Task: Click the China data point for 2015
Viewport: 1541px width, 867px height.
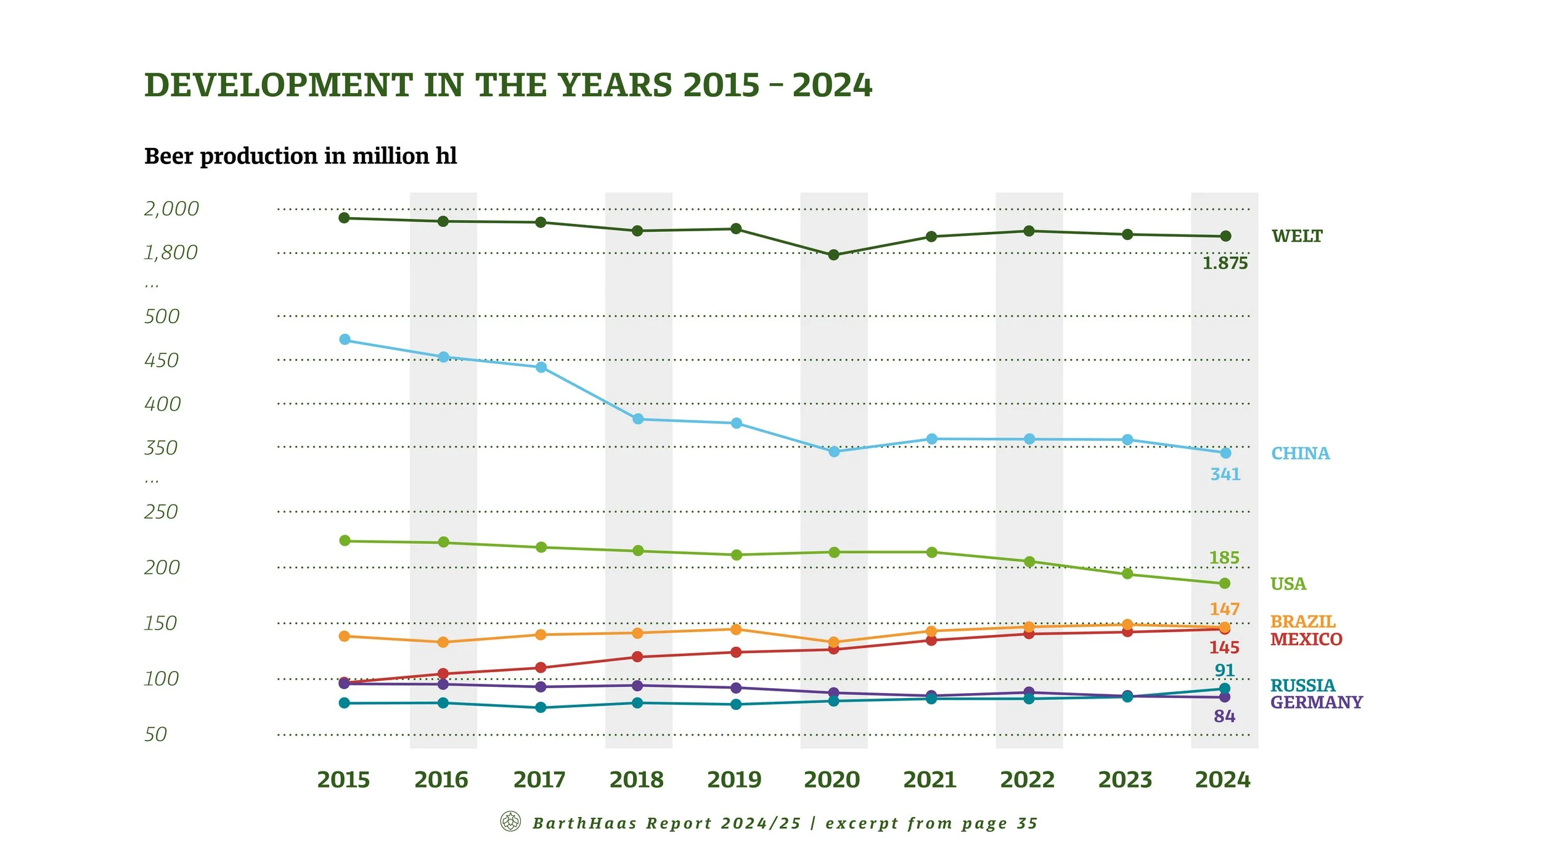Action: [345, 340]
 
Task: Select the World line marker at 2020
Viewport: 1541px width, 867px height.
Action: [833, 255]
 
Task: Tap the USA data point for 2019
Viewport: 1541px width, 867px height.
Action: [736, 555]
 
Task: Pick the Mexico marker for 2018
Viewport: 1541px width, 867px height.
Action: [638, 657]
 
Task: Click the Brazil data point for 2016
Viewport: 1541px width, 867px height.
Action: [443, 642]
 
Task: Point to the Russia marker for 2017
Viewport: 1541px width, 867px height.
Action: [541, 707]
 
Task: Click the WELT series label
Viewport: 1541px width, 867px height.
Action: [1297, 236]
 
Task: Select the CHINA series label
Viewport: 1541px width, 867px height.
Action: [1301, 453]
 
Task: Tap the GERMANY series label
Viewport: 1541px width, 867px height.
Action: [1316, 702]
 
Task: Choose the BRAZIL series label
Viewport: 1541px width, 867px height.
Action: [1302, 621]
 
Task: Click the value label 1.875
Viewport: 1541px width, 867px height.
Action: [1225, 263]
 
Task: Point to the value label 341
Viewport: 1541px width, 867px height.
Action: [1225, 474]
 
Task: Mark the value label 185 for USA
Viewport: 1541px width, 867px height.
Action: [1224, 557]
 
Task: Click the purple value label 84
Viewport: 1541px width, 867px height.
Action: [1224, 717]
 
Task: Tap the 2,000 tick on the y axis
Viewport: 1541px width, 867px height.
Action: [171, 208]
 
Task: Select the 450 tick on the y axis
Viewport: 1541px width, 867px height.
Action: [161, 360]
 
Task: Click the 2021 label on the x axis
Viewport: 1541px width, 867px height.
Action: [930, 780]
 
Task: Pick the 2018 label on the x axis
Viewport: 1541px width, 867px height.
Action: [637, 780]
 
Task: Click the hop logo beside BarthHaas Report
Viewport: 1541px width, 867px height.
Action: [510, 821]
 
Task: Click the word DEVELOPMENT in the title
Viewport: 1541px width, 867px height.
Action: [278, 85]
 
